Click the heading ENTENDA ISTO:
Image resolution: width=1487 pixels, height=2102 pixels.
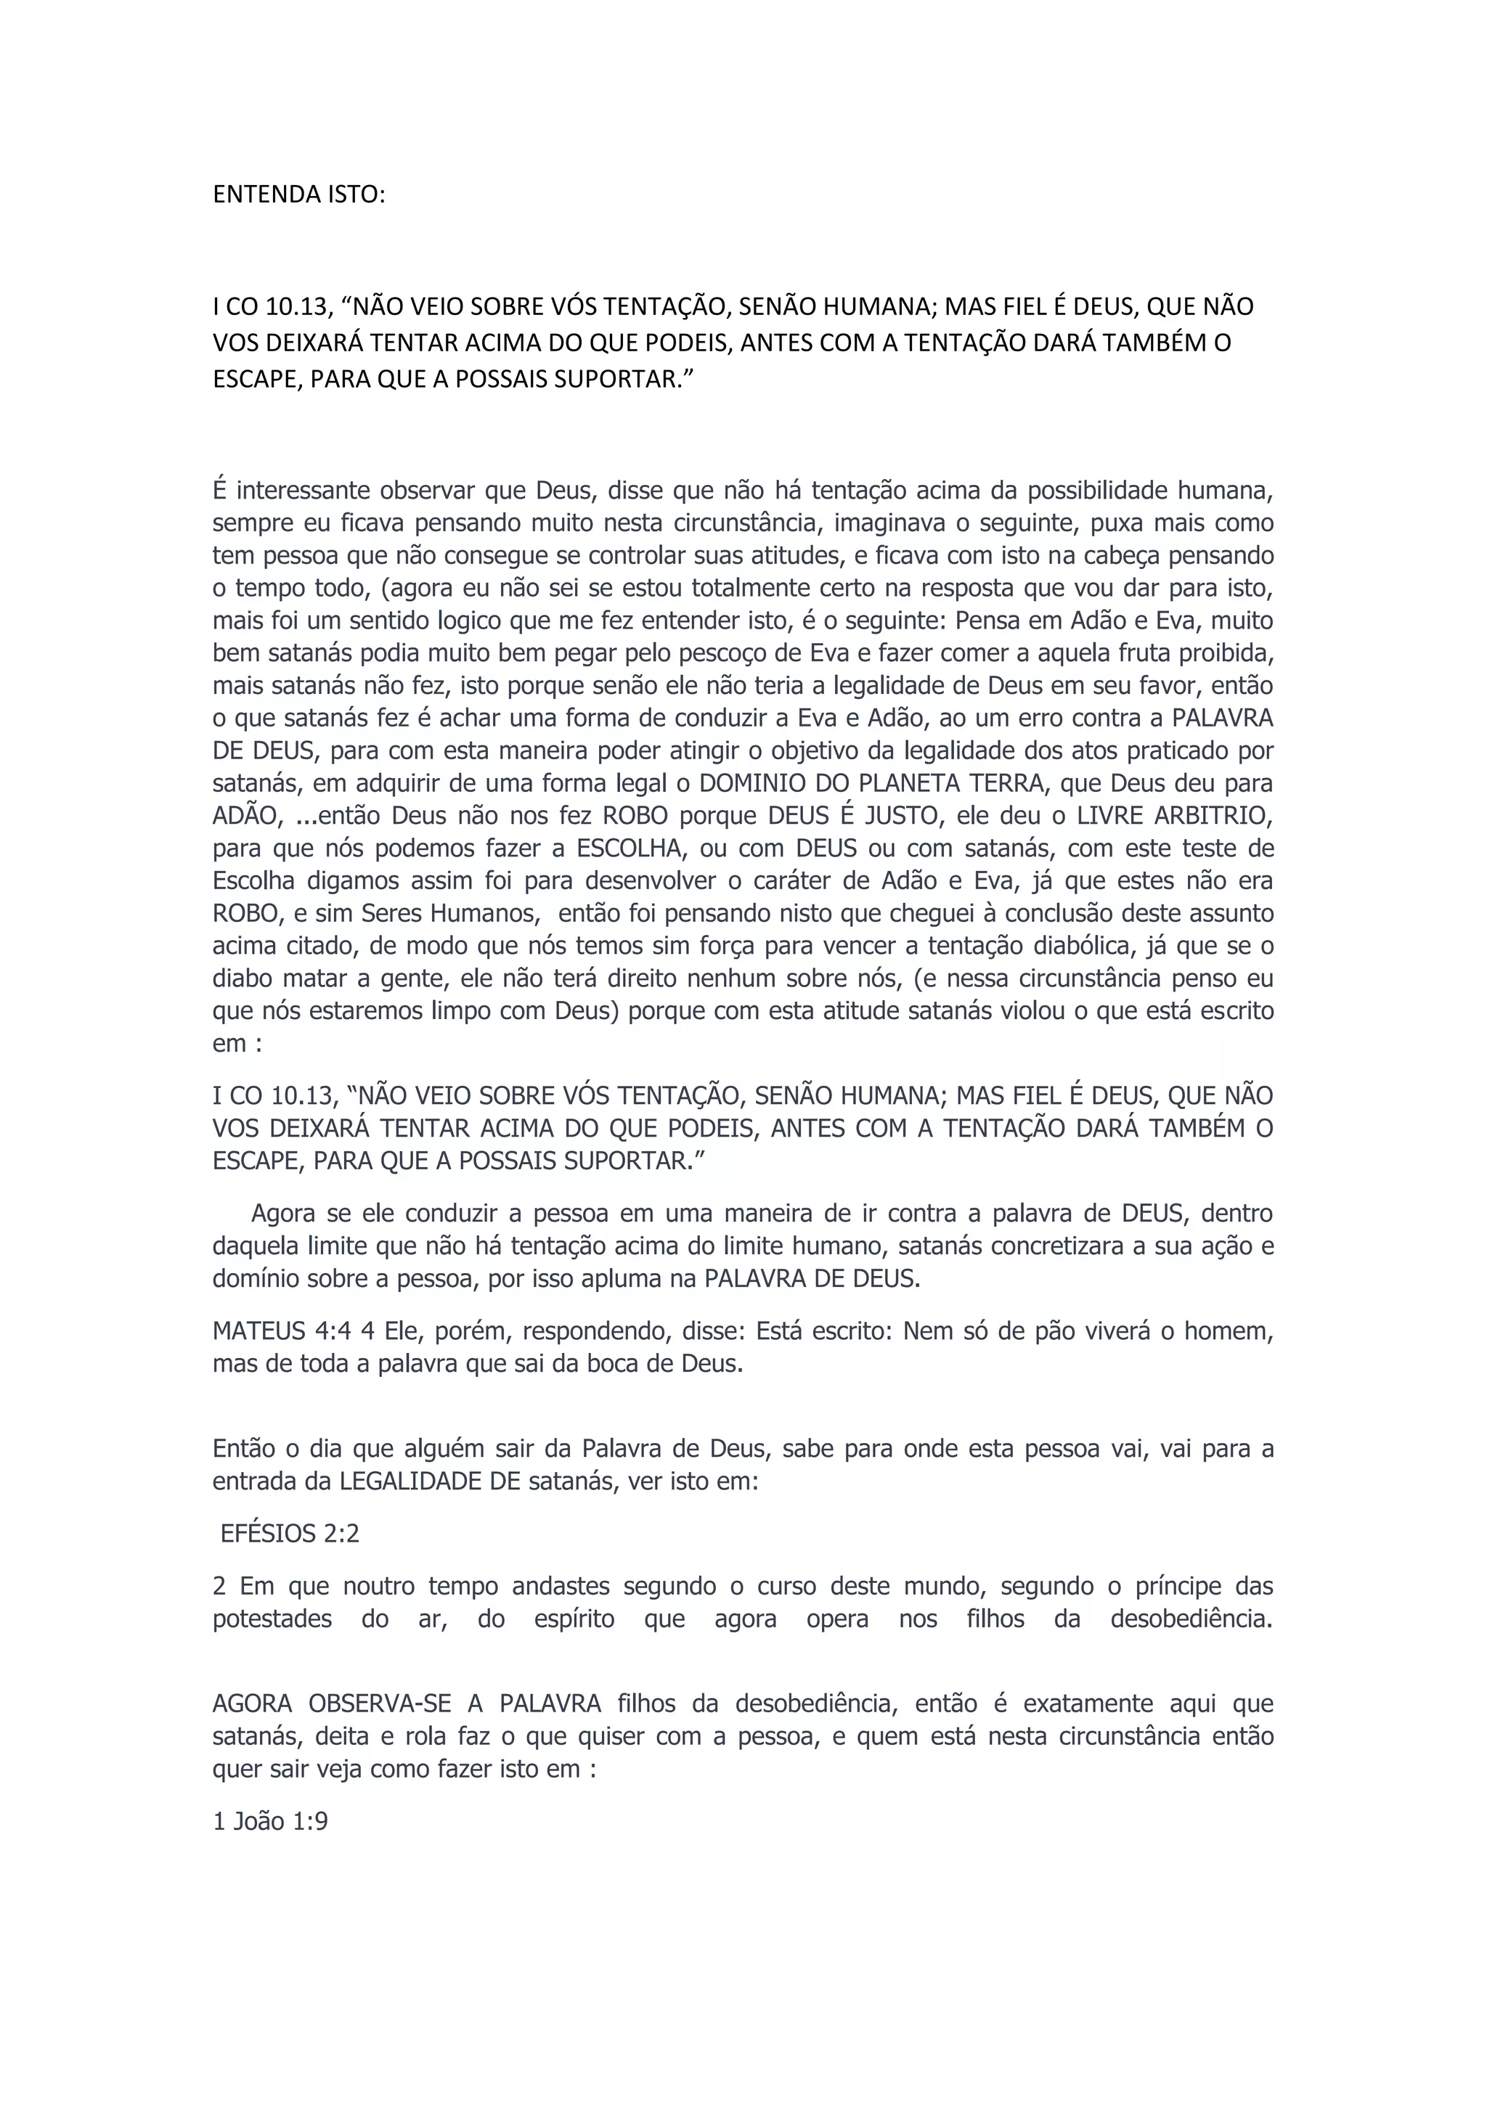coord(298,195)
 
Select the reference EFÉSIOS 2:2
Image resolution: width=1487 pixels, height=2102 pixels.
coord(290,1534)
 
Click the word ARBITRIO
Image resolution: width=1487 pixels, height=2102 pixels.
coord(1214,816)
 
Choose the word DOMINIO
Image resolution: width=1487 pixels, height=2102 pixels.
coord(740,784)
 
